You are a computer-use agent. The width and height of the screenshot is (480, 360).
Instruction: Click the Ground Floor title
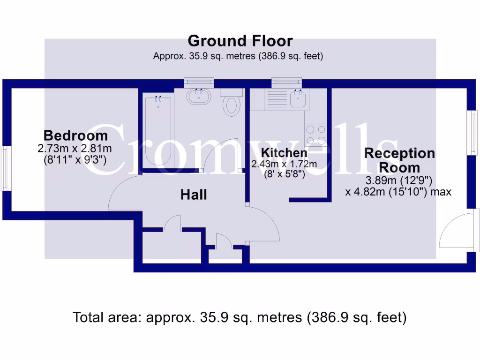click(x=240, y=41)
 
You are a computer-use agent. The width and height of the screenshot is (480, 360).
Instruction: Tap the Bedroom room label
click(x=75, y=136)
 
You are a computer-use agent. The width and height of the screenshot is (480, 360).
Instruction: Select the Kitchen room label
click(x=284, y=153)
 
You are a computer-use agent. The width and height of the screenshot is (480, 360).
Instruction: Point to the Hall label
click(x=194, y=195)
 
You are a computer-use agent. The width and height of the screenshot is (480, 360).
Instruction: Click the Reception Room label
click(x=399, y=160)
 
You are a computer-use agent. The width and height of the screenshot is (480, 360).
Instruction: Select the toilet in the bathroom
click(x=231, y=105)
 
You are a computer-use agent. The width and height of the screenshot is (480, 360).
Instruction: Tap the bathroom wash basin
click(x=199, y=97)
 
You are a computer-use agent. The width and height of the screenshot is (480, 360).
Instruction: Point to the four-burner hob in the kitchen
click(x=316, y=135)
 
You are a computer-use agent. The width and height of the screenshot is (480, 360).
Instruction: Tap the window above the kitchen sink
click(x=287, y=82)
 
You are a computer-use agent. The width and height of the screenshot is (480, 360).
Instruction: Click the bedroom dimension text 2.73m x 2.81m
click(x=75, y=149)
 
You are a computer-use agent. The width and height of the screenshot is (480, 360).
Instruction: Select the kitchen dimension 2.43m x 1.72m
click(x=284, y=164)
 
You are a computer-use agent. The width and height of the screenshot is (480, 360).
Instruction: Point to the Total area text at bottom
click(x=240, y=317)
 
